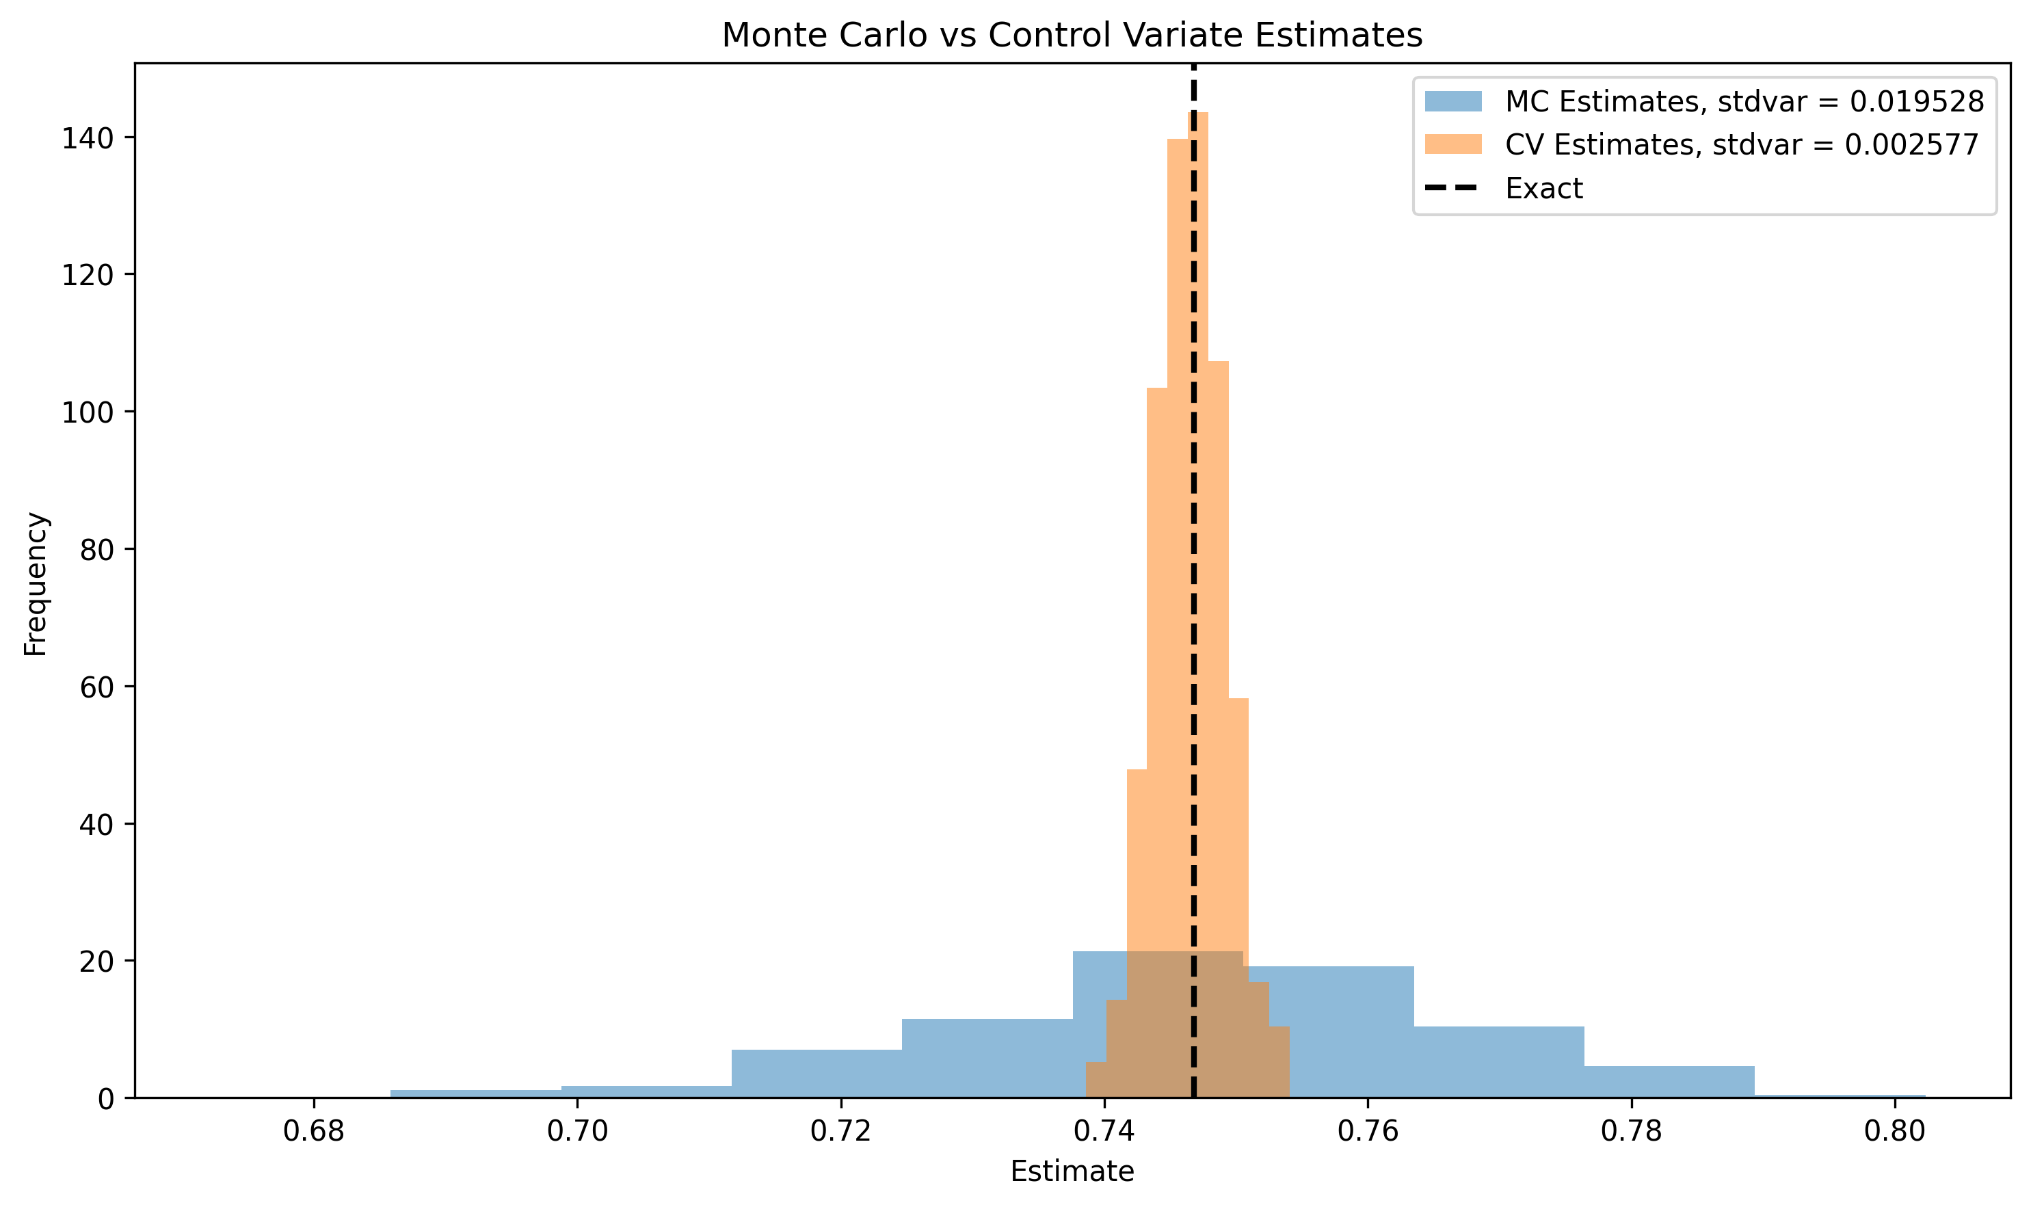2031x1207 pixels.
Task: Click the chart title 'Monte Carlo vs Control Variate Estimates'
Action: click(x=1072, y=36)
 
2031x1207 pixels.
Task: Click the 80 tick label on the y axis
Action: click(x=96, y=551)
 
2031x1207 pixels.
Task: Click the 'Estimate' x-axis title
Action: click(x=1072, y=1172)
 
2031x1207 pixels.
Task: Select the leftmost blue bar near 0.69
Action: click(x=476, y=1093)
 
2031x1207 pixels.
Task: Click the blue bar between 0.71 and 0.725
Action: click(x=816, y=1074)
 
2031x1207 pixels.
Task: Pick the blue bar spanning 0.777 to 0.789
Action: click(x=1669, y=1081)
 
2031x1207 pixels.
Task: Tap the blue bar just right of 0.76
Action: click(x=1498, y=1061)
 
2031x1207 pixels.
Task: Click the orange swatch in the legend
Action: click(x=1452, y=145)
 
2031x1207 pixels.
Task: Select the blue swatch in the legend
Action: click(x=1452, y=102)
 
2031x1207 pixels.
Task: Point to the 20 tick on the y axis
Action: click(x=96, y=962)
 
